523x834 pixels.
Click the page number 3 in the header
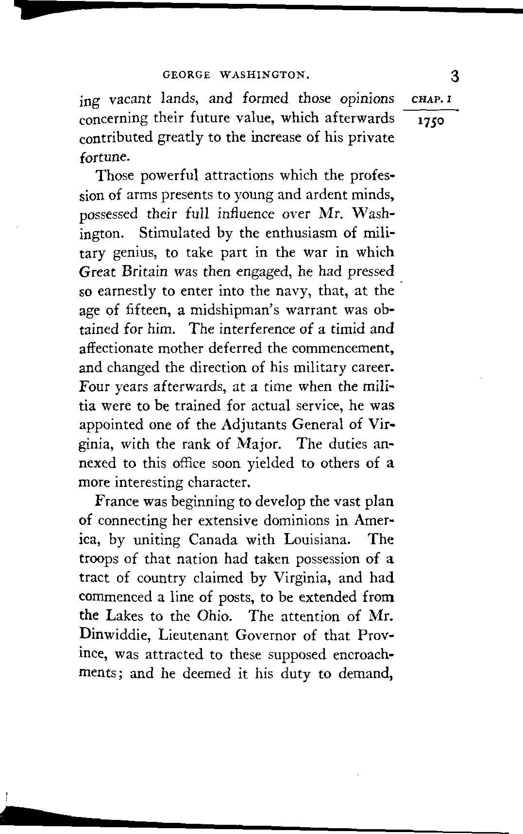coord(455,76)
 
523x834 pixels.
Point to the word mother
coord(189,348)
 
